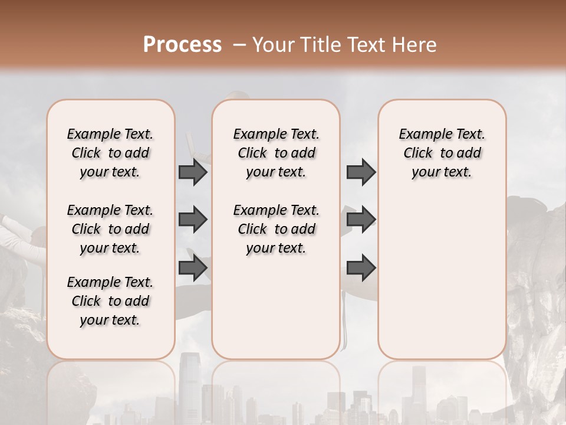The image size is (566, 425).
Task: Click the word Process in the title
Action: pos(182,44)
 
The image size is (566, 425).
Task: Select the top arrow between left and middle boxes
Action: pos(193,172)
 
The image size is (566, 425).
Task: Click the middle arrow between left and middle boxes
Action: pos(193,220)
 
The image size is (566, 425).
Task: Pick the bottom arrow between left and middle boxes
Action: pos(193,267)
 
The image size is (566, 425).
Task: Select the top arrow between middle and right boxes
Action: pos(361,172)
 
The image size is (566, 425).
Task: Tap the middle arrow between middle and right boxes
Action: pos(361,220)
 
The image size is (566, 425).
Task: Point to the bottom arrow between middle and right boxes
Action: pos(361,267)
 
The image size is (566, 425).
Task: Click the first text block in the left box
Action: pos(110,153)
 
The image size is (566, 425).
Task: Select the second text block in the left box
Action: pos(110,229)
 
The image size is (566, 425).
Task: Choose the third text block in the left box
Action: pos(110,301)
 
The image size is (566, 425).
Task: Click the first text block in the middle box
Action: pos(276,153)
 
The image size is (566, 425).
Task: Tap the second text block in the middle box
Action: pos(276,229)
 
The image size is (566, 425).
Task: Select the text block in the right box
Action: pos(442,153)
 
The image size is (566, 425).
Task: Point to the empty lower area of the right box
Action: pos(442,277)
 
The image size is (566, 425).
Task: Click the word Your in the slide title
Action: pos(273,45)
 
